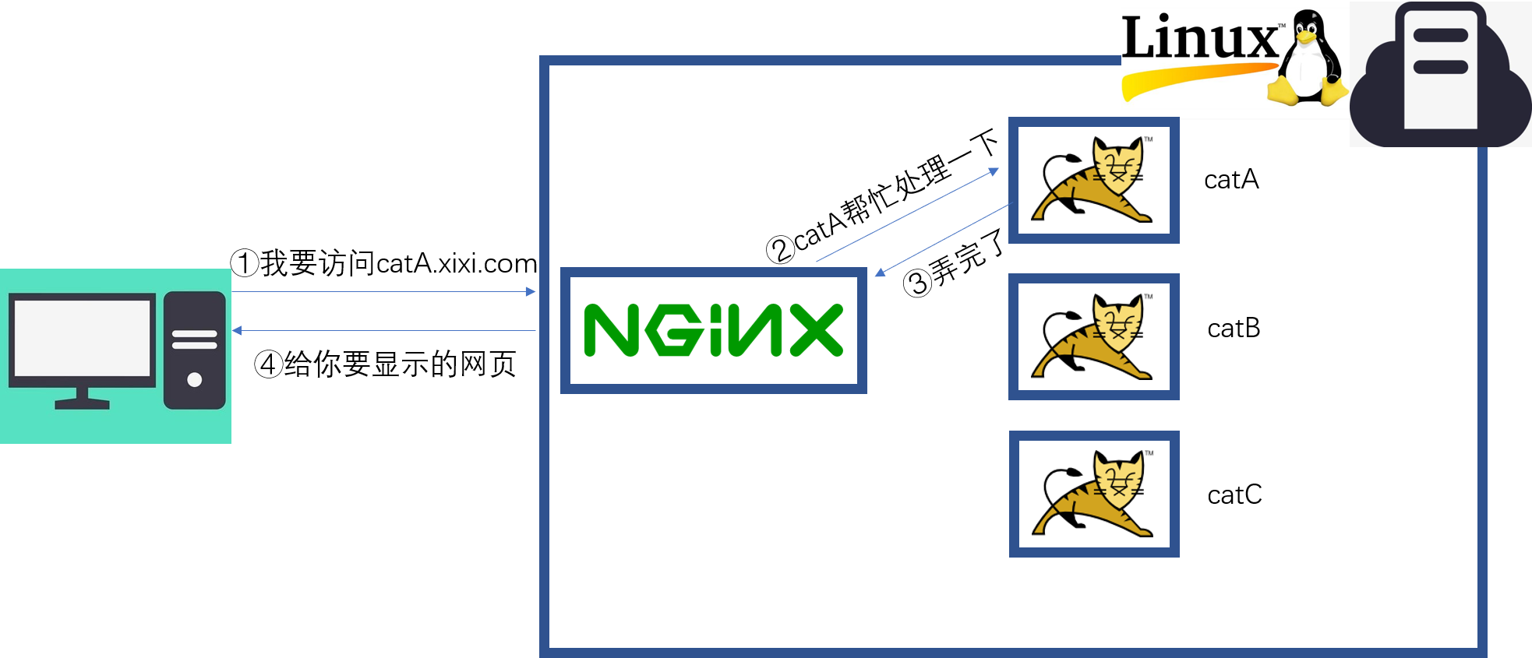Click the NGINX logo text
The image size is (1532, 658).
713,330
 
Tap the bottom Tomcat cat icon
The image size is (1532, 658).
1094,495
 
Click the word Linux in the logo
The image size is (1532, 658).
1199,39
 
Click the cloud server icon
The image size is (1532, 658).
1440,74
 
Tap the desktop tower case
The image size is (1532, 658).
194,350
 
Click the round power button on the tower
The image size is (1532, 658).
195,380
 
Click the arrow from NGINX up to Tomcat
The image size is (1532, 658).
908,215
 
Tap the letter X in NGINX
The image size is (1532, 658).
816,330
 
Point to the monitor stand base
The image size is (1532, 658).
82,403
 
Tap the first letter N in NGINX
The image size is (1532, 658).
612,330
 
